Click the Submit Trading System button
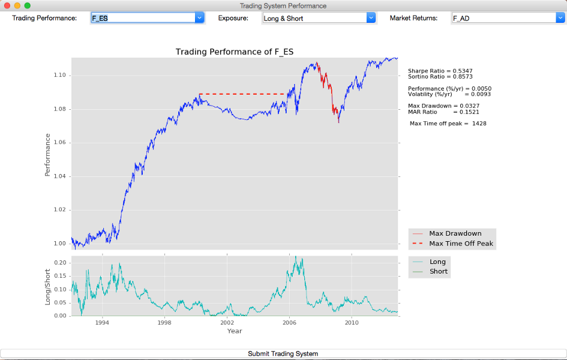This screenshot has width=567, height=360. tap(283, 354)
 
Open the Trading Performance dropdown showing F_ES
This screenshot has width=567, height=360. tap(148, 18)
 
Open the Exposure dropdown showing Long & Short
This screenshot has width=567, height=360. tap(319, 18)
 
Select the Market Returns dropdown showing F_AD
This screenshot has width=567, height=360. tap(507, 18)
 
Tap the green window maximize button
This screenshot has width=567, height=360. tap(27, 5)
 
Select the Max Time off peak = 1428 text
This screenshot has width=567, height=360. tap(448, 124)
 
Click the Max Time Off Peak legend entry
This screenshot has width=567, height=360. tap(461, 244)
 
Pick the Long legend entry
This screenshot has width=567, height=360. tap(437, 262)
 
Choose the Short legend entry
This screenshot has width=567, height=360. tap(439, 271)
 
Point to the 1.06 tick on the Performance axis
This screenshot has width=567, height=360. tap(62, 143)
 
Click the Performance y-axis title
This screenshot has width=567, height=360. tap(47, 155)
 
